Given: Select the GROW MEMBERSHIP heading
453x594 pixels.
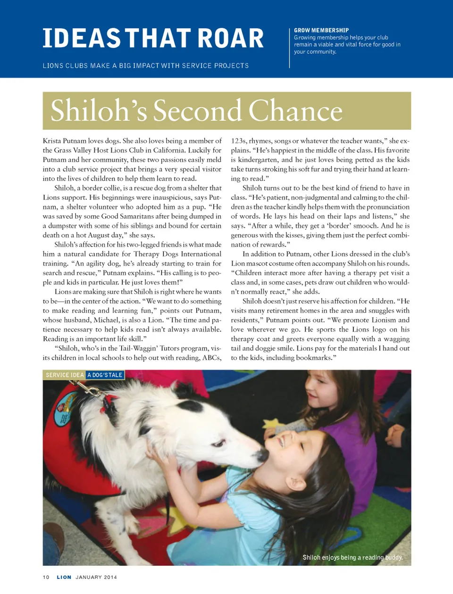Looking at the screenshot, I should click(x=321, y=30).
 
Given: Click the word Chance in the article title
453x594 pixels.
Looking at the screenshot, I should click(x=295, y=111).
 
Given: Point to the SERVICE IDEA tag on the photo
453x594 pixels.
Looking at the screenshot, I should click(x=65, y=375).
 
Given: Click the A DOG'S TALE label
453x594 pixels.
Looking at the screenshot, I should click(x=105, y=375).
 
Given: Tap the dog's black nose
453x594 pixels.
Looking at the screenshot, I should click(x=263, y=455).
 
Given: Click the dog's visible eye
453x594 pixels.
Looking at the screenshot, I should click(x=218, y=443).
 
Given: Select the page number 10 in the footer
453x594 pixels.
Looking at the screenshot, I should click(x=46, y=577).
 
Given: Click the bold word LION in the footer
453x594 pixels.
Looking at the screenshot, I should click(x=64, y=577).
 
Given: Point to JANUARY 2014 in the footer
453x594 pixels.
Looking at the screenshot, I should click(x=96, y=577).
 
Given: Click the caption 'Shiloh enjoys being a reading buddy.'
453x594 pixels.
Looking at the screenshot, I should click(x=352, y=557).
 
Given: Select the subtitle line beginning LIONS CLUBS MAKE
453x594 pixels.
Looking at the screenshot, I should click(x=145, y=66).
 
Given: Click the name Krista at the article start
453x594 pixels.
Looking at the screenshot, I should click(x=51, y=141).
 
